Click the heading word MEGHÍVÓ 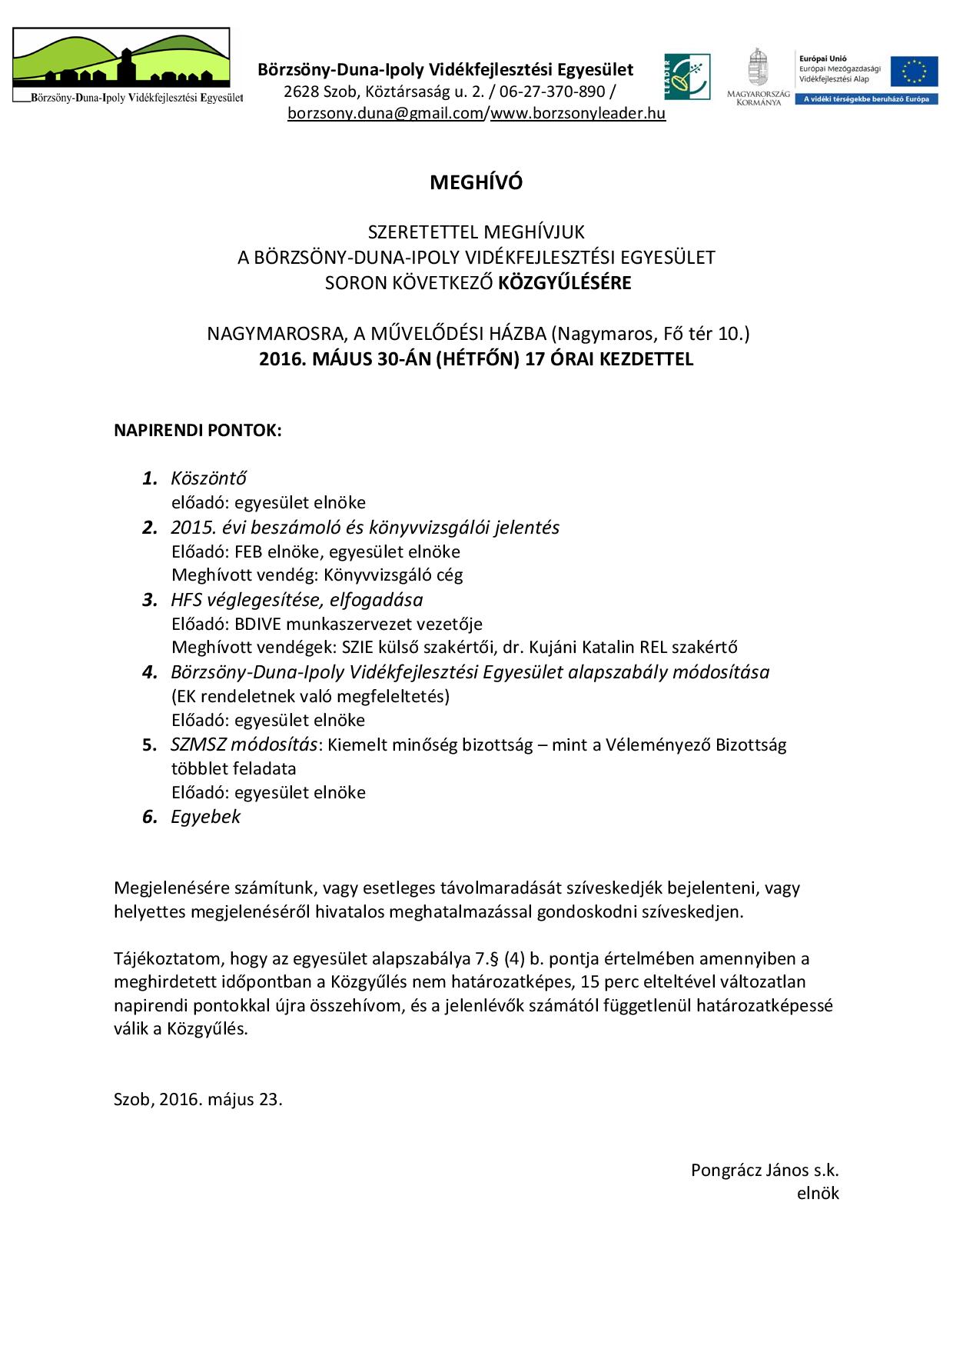[476, 182]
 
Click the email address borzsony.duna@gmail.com [385, 114]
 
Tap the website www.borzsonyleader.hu [578, 114]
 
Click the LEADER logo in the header [687, 77]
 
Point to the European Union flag [915, 72]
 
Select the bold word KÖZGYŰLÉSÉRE [565, 283]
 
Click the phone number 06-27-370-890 [553, 92]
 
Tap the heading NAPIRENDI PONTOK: [198, 430]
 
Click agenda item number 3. [149, 600]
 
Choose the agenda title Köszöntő [208, 478]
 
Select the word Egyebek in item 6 [206, 817]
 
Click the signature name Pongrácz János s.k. [765, 1171]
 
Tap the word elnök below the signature [818, 1194]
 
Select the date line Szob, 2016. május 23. [198, 1099]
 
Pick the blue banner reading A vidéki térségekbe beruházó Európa [866, 99]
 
